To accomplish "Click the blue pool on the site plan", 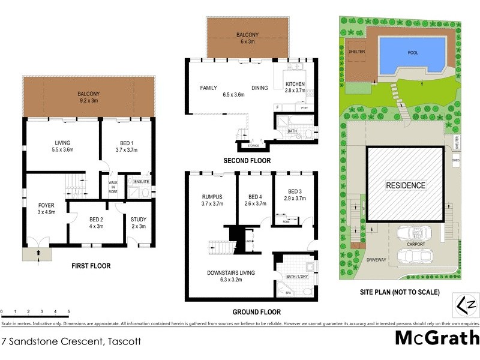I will tap(412, 53).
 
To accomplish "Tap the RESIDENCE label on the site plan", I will tap(405, 185).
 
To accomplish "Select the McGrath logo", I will tap(436, 338).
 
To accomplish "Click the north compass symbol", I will tap(467, 302).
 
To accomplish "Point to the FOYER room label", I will tap(46, 205).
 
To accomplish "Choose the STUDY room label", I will tap(139, 219).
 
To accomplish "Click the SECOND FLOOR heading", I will tap(247, 161).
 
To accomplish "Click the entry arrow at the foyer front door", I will tap(38, 253).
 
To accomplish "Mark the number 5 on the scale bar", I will tap(69, 312).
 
